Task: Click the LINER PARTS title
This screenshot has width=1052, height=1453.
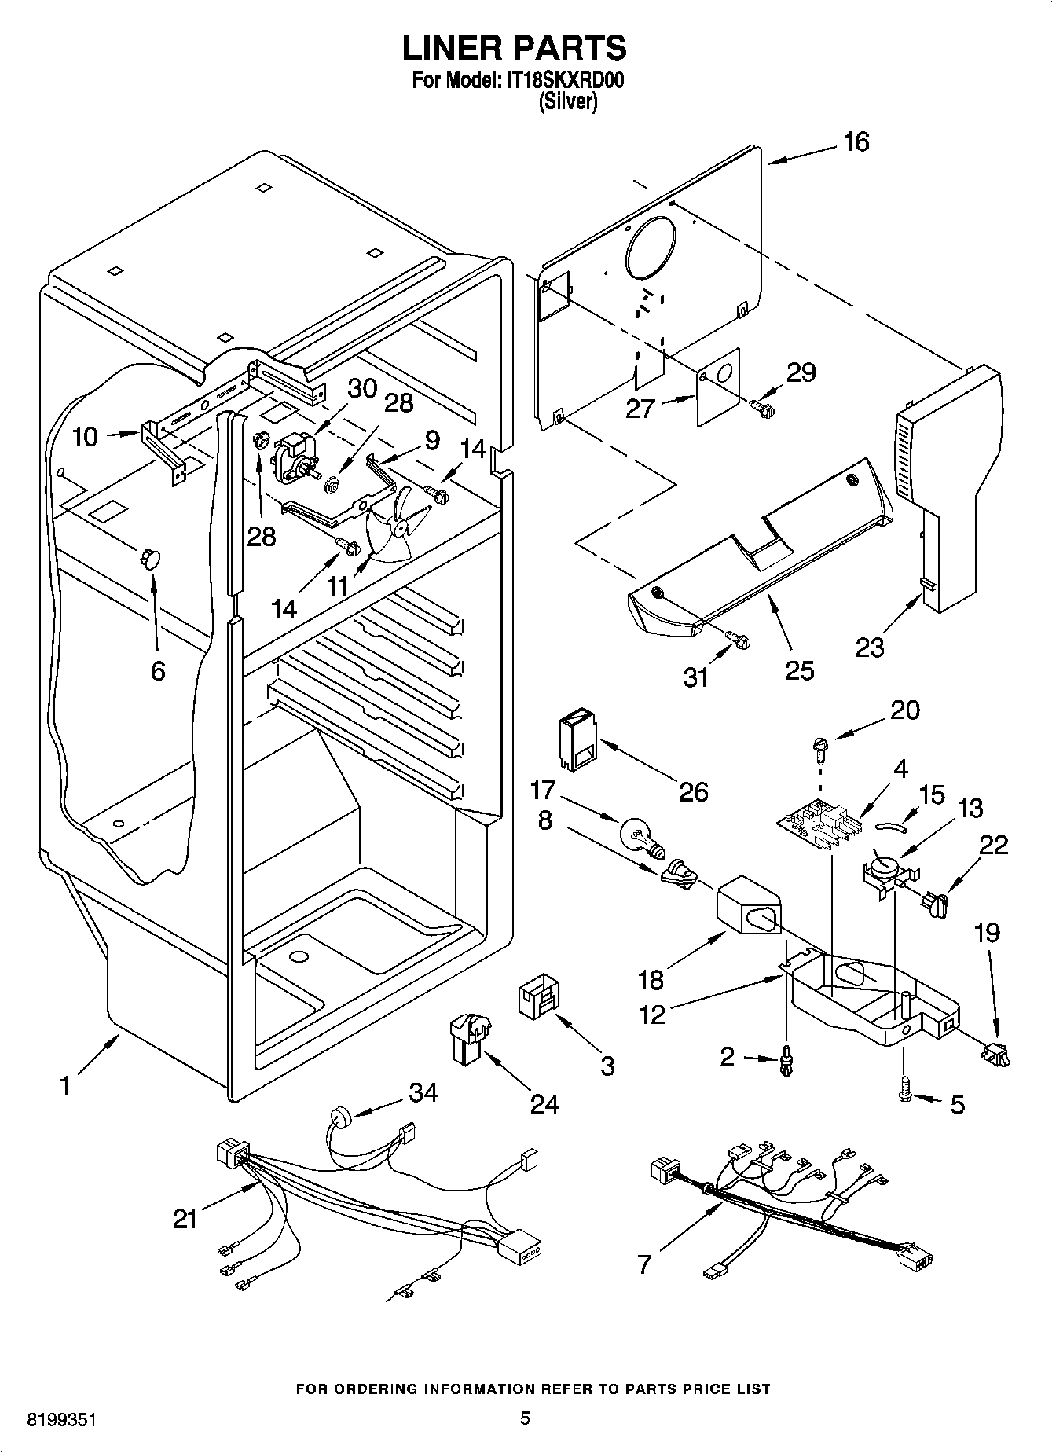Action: click(515, 48)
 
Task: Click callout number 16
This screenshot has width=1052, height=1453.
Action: click(856, 142)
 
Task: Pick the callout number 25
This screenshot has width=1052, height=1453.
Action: click(799, 670)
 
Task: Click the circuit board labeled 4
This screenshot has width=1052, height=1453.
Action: click(817, 825)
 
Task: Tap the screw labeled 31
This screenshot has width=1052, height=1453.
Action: click(739, 640)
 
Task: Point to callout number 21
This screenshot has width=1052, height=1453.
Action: click(185, 1219)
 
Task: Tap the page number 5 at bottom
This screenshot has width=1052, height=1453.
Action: click(525, 1418)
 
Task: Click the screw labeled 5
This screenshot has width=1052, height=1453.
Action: click(905, 1093)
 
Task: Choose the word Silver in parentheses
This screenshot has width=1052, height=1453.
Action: click(567, 101)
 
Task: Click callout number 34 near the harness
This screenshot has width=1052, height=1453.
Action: click(423, 1092)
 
